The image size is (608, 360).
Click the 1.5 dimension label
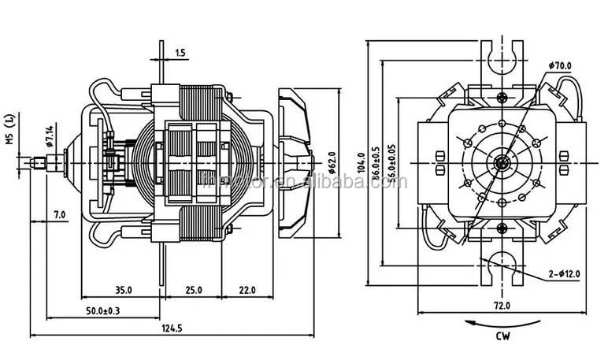180,53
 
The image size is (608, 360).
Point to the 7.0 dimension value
59,215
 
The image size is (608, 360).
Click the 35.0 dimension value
122,290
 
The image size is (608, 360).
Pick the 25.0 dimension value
194,290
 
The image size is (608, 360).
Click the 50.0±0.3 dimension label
102,313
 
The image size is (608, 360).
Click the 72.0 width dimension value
502,306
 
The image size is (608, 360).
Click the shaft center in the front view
502,163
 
